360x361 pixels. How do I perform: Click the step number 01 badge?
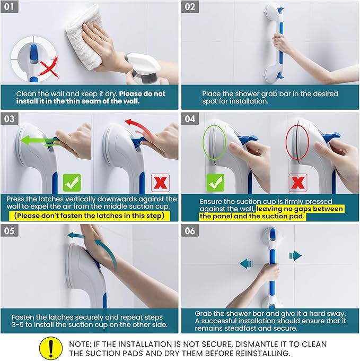[10, 7]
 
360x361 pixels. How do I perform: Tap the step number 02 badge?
[191, 7]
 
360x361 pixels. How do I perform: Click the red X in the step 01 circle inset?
[49, 68]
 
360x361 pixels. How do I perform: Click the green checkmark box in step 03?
[72, 181]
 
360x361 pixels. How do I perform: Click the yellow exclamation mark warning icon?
[51, 348]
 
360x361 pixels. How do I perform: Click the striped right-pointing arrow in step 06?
[295, 256]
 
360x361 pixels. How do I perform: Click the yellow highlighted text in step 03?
[90, 216]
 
